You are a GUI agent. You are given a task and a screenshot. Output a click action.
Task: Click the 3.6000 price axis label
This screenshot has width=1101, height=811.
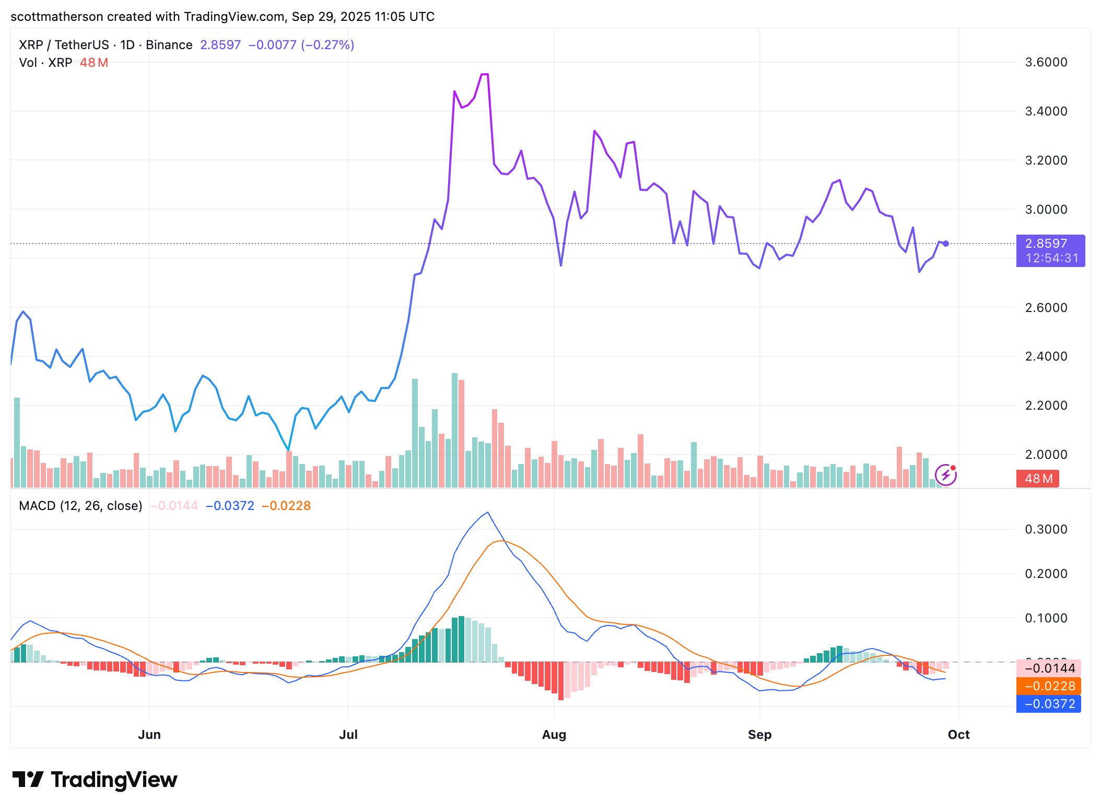pyautogui.click(x=1046, y=62)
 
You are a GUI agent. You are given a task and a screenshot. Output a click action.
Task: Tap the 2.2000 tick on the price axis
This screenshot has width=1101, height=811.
pyautogui.click(x=1046, y=405)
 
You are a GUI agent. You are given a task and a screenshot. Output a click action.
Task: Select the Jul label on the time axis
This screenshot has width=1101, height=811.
pyautogui.click(x=348, y=734)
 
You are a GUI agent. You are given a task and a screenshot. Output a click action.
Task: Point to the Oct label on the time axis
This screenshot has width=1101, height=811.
pyautogui.click(x=958, y=734)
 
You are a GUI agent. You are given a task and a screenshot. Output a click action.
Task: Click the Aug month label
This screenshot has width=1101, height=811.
pyautogui.click(x=554, y=734)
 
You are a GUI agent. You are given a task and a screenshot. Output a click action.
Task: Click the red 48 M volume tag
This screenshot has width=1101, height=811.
pyautogui.click(x=1037, y=479)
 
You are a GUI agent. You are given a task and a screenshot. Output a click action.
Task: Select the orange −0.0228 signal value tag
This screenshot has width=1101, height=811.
pyautogui.click(x=1049, y=686)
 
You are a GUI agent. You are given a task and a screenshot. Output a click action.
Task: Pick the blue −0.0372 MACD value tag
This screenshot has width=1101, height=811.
pyautogui.click(x=1049, y=704)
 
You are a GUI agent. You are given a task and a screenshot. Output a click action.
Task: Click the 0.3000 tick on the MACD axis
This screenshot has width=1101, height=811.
pyautogui.click(x=1046, y=529)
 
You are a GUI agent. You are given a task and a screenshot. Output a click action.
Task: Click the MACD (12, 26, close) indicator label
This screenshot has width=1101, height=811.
pyautogui.click(x=80, y=506)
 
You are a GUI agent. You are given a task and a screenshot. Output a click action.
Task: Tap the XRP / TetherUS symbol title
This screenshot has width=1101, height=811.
pyautogui.click(x=64, y=45)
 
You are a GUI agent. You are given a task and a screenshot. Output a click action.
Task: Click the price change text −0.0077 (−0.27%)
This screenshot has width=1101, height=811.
pyautogui.click(x=301, y=45)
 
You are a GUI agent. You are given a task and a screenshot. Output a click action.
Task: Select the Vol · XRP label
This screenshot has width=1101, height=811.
pyautogui.click(x=45, y=63)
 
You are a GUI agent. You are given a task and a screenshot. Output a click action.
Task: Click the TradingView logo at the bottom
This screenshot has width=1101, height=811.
pyautogui.click(x=95, y=780)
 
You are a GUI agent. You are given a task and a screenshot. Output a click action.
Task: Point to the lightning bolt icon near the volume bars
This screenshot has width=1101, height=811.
pyautogui.click(x=945, y=475)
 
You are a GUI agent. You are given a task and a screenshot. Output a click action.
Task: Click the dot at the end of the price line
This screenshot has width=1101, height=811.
pyautogui.click(x=946, y=244)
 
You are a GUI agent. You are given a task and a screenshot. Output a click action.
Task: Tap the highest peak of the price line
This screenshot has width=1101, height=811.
pyautogui.click(x=484, y=74)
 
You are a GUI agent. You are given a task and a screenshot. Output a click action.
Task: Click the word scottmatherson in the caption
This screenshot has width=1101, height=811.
pyautogui.click(x=56, y=17)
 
